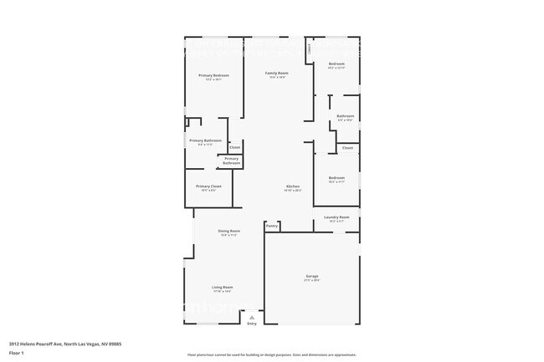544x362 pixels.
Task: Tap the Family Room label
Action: [x=277, y=73]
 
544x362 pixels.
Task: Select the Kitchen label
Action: [x=292, y=186]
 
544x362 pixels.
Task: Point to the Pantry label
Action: [x=271, y=226]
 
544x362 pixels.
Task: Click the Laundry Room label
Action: [x=336, y=217]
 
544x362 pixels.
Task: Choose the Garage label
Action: [x=311, y=275]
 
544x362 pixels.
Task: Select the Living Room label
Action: [x=222, y=287]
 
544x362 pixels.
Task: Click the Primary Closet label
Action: [x=208, y=186]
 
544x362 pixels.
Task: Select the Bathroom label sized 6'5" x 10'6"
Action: [x=345, y=116]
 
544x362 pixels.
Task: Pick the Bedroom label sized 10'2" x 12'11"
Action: [x=336, y=64]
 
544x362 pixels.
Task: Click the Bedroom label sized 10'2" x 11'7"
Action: [x=336, y=177]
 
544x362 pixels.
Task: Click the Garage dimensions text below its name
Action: [x=311, y=280]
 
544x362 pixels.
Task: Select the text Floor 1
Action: [x=17, y=352]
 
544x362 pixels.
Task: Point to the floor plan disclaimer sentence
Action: [x=271, y=355]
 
